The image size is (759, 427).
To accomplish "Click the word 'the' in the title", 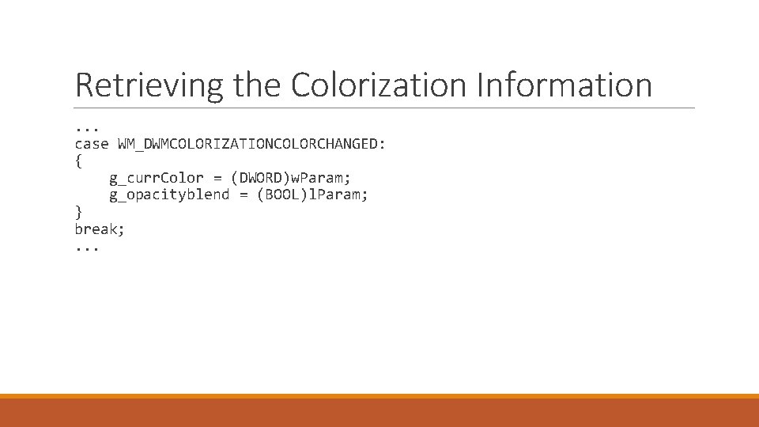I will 259,85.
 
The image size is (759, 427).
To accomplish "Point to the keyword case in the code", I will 91,144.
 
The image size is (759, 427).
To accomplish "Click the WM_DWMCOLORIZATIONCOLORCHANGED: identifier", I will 251,144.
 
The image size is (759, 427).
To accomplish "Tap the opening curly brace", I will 78,161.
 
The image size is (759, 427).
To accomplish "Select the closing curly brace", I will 78,211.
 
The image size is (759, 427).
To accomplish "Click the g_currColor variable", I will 156,178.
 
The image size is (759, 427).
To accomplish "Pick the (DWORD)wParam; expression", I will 290,178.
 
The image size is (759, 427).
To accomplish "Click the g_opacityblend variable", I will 168,195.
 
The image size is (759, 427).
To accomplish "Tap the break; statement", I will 100,229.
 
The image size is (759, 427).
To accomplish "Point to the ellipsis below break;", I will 87,248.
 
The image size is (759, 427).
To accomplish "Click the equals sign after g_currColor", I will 216,178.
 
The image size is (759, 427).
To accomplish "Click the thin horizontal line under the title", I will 385,108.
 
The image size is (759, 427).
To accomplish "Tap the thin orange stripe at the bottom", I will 379,396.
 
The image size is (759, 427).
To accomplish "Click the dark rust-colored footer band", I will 379,413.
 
